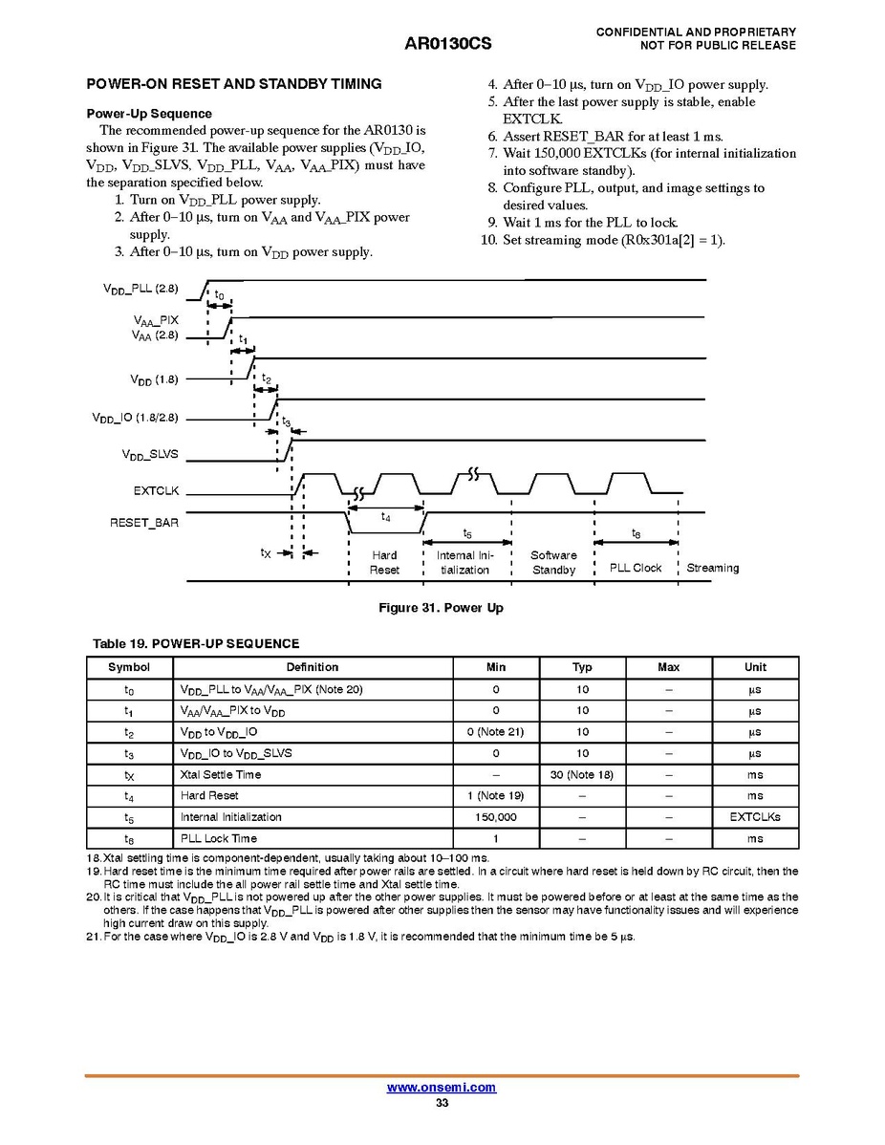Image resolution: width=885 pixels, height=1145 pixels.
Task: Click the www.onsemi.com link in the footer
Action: click(x=441, y=1088)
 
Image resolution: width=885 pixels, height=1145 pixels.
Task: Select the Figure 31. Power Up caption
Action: click(x=441, y=608)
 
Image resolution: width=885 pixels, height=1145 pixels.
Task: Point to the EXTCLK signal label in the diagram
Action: click(x=156, y=491)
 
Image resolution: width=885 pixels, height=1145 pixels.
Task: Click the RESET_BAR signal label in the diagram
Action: click(x=143, y=523)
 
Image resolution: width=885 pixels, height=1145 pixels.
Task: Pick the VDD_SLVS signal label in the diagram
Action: click(x=150, y=455)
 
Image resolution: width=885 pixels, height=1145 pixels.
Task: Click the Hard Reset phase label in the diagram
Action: click(x=384, y=562)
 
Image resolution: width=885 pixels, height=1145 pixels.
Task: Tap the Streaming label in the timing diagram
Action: click(x=712, y=568)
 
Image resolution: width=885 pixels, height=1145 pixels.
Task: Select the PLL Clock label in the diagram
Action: click(x=636, y=568)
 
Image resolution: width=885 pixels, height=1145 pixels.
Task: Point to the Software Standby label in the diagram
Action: click(x=553, y=562)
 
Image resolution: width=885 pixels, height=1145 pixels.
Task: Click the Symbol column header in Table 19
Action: click(x=129, y=667)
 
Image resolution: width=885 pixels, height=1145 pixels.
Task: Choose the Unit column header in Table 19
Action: click(x=755, y=667)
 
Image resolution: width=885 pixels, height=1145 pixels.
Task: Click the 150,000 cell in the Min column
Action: click(x=495, y=817)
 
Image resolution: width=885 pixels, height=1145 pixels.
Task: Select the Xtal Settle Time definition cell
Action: click(x=221, y=774)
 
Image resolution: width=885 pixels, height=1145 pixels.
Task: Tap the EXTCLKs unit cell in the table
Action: click(x=755, y=817)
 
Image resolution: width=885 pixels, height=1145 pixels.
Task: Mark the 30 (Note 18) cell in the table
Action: click(x=582, y=774)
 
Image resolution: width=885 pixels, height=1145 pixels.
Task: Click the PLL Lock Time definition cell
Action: click(x=219, y=838)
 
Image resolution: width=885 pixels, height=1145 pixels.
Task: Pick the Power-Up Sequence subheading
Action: click(x=149, y=114)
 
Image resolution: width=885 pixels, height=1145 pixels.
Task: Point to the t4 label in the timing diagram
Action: click(x=385, y=517)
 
